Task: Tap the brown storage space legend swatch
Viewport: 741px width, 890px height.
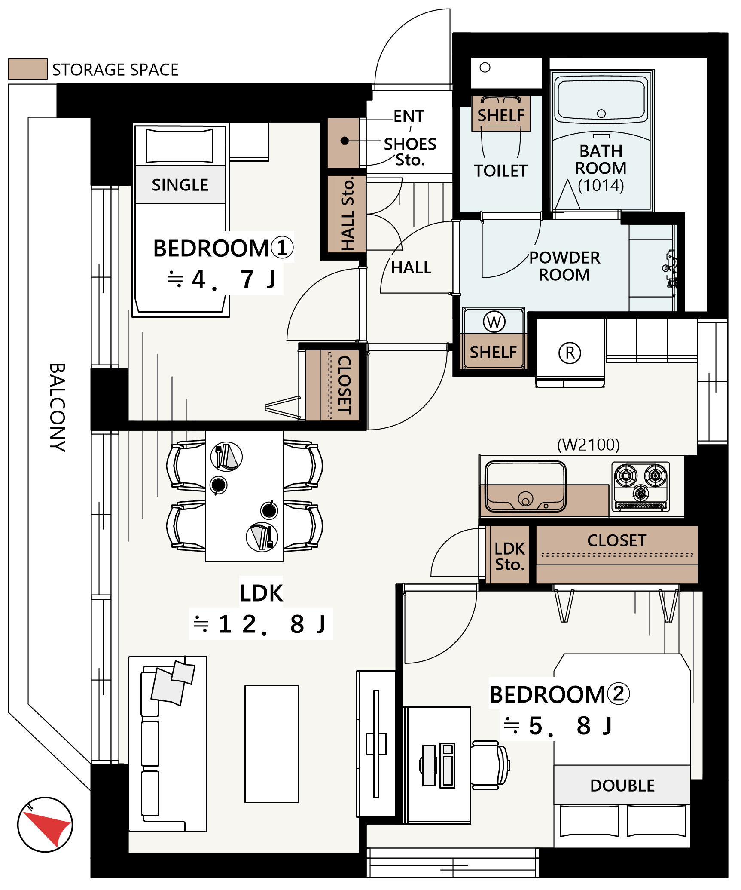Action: coord(28,69)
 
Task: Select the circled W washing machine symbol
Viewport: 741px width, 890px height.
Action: coord(494,322)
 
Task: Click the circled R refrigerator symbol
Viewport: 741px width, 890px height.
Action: coord(570,353)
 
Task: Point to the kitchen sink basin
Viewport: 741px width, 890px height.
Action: coord(525,486)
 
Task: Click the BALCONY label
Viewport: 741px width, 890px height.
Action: coord(58,407)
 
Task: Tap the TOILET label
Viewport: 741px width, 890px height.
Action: coord(501,171)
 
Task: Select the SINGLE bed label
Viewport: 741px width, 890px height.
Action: coord(180,185)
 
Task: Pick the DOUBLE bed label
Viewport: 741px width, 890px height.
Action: coord(622,786)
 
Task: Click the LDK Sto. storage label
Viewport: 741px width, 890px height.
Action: coord(510,556)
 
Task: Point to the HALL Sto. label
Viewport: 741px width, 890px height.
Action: coord(347,214)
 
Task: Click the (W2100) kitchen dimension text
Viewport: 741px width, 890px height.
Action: coord(589,445)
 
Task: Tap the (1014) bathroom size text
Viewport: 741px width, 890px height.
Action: coord(601,185)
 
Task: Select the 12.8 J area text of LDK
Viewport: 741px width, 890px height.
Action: coord(260,624)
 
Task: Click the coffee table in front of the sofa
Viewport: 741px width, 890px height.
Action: coord(272,744)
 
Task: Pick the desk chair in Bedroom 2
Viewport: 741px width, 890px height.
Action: coord(490,765)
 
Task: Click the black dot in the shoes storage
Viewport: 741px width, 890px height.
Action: coord(345,141)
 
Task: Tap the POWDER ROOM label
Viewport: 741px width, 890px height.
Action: coord(564,266)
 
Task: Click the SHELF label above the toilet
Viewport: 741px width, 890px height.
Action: coord(501,115)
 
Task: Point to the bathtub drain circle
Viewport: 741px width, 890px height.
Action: coord(601,114)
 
